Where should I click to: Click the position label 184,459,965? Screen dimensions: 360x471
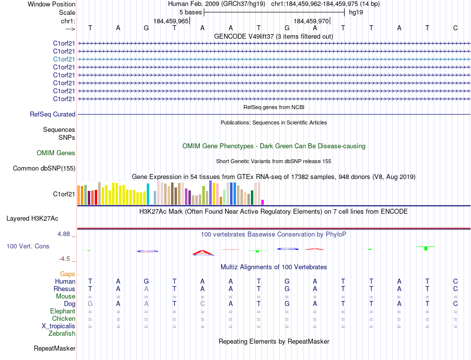tap(171, 21)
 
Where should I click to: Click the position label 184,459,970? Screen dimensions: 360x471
tap(311, 21)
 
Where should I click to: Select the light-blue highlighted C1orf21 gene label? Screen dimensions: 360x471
tap(64, 59)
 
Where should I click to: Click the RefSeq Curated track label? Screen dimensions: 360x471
tap(53, 114)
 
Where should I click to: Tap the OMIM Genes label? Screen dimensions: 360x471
tap(56, 153)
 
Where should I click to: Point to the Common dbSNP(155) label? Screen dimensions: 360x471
tap(44, 169)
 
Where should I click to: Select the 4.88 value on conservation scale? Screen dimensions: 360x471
tap(65, 234)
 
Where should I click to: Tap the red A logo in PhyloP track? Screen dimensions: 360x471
tap(202, 253)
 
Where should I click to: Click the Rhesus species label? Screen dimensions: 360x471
tap(65, 289)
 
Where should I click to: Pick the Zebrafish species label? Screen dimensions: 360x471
tap(62, 334)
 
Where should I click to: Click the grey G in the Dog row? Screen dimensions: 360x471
tap(90, 303)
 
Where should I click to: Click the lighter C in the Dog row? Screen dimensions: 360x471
tap(202, 303)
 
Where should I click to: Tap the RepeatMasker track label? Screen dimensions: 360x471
tap(54, 349)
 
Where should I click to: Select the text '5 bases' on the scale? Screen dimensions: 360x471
tap(190, 12)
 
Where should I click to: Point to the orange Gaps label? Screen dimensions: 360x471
tap(67, 274)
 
